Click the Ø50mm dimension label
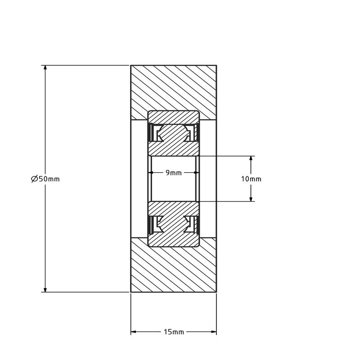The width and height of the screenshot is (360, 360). click(45, 179)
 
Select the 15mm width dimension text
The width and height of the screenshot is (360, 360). click(173, 332)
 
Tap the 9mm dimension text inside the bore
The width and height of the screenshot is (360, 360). click(174, 173)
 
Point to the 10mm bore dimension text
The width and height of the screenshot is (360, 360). click(251, 179)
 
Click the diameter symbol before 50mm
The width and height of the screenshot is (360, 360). click(34, 179)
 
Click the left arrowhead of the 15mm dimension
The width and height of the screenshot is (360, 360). click(134, 332)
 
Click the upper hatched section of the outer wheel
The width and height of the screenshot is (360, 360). click(174, 88)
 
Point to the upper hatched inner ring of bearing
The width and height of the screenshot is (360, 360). click(174, 148)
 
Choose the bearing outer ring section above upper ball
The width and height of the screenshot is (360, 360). click(174, 117)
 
